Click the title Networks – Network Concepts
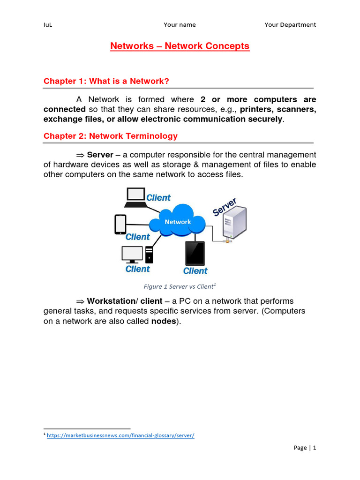[x=180, y=46]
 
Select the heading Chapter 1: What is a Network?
[x=106, y=81]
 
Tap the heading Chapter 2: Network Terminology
[x=111, y=136]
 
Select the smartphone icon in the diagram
[x=120, y=224]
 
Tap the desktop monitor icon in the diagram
[x=132, y=254]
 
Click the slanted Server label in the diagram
[x=225, y=207]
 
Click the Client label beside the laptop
[x=158, y=198]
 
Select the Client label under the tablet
[x=195, y=270]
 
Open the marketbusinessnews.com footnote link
[x=120, y=435]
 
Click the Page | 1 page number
[x=305, y=448]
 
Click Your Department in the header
[x=290, y=25]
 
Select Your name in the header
[x=180, y=25]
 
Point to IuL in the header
[x=47, y=25]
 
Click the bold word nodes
[x=164, y=322]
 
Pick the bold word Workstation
[x=111, y=301]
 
